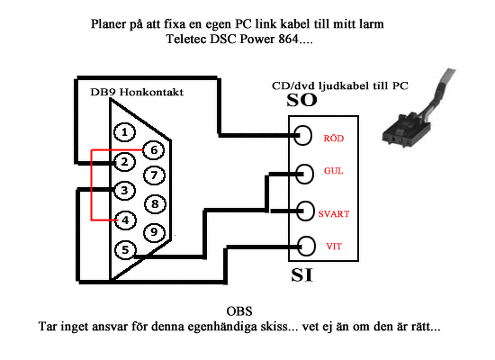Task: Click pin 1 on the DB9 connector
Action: click(x=125, y=132)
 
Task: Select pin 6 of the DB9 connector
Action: click(x=154, y=150)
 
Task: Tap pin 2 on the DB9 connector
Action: click(x=125, y=162)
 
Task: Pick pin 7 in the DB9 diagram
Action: click(x=154, y=175)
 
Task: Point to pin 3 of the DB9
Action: click(x=125, y=190)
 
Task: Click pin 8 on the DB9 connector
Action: click(x=155, y=204)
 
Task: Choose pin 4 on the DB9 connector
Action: click(x=125, y=220)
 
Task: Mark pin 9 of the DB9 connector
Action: click(x=154, y=232)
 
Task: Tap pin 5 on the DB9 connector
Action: click(x=125, y=250)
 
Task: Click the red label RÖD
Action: click(x=334, y=139)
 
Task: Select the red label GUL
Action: click(x=333, y=171)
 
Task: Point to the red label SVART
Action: click(x=333, y=214)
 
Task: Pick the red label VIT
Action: click(x=334, y=246)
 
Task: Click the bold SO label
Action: click(x=302, y=101)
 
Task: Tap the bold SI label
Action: click(x=302, y=275)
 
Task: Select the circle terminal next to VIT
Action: click(x=306, y=246)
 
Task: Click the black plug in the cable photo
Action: click(x=406, y=131)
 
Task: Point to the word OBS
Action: click(x=239, y=311)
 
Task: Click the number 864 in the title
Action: click(x=288, y=39)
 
